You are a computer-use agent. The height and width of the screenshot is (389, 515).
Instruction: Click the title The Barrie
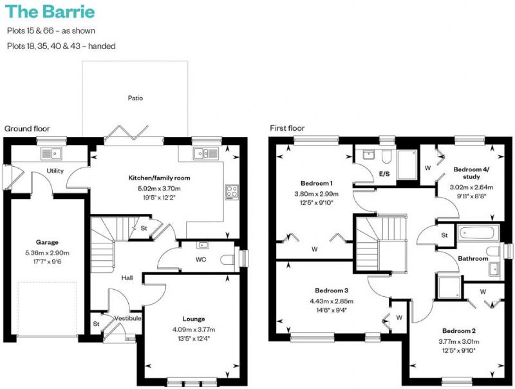point(50,12)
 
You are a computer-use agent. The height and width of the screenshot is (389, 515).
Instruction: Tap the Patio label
point(135,98)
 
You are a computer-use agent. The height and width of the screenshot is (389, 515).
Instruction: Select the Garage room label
point(47,242)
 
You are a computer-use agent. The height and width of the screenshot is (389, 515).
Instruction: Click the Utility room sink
point(51,153)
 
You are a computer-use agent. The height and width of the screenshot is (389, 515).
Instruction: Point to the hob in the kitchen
point(232,192)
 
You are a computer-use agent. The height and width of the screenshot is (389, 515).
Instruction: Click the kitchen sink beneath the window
point(205,153)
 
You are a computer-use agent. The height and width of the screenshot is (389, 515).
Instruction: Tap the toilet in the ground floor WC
point(228,260)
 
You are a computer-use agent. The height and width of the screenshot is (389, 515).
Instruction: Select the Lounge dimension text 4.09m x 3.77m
point(194,330)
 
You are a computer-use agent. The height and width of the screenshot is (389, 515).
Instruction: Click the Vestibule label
point(127,318)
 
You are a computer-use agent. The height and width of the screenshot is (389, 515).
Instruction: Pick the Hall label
point(127,278)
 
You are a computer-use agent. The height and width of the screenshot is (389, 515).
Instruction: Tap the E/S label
point(384,174)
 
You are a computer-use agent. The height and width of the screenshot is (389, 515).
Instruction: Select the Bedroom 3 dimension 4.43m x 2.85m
point(332,301)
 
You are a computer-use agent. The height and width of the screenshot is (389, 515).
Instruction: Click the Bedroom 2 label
point(459,331)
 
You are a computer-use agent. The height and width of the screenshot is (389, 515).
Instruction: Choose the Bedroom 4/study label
point(471,173)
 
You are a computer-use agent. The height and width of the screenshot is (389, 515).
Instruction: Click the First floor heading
point(287,128)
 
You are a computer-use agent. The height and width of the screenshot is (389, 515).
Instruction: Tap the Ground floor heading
point(27,129)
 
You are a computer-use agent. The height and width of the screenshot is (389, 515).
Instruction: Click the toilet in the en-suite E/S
point(386,157)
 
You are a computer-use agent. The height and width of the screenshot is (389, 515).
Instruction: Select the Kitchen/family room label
point(159,178)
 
